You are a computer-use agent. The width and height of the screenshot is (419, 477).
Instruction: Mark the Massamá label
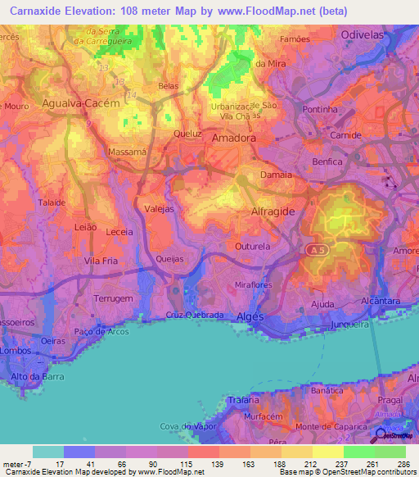coord(127,152)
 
